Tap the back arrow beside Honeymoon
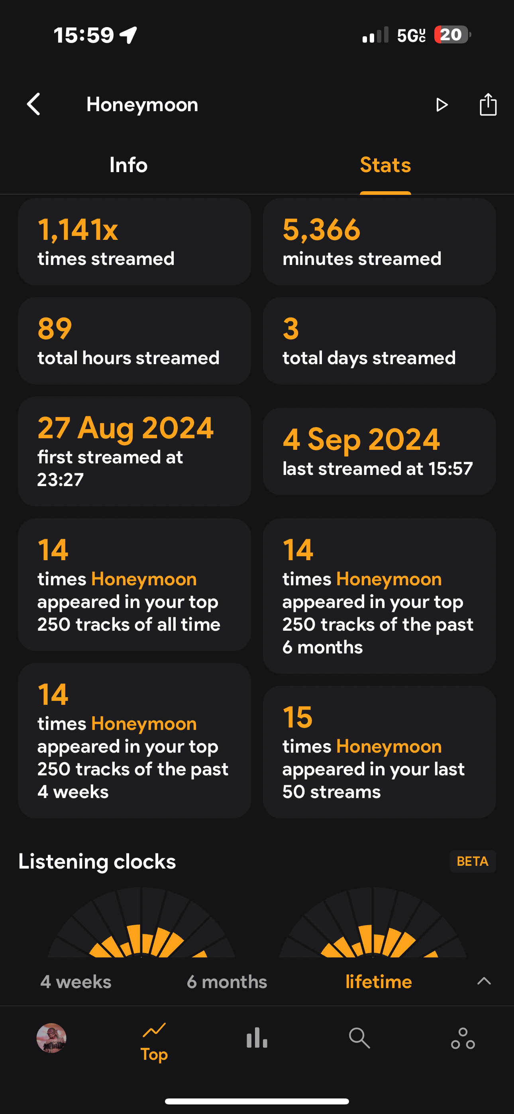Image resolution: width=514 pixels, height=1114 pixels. pos(34,104)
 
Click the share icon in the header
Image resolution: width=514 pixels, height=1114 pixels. pos(488,104)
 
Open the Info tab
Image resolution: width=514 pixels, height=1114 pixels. pos(128,165)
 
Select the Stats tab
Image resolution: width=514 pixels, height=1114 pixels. pos(385,165)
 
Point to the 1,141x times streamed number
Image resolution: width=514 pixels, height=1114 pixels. pos(78,229)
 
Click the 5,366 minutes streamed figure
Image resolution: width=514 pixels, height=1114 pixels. pos(322,229)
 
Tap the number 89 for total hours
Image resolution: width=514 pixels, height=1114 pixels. pos(55,328)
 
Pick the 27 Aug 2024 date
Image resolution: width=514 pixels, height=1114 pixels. pos(126,428)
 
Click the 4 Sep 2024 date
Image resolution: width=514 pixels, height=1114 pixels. pos(361,439)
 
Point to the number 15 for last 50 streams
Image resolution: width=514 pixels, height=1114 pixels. pos(298,717)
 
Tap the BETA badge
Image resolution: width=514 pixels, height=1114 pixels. pos(473,861)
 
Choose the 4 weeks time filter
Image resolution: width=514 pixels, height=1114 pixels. pos(76,982)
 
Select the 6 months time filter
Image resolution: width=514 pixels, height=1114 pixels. pos(227,982)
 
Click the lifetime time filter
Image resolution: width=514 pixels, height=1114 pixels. pos(379,982)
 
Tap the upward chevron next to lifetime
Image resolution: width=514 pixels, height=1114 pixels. pos(484,981)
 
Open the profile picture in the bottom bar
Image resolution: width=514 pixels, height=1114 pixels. pos(51,1038)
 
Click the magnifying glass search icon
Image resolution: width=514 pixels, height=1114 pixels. pos(359,1038)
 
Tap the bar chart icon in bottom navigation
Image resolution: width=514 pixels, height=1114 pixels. pos(257,1038)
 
